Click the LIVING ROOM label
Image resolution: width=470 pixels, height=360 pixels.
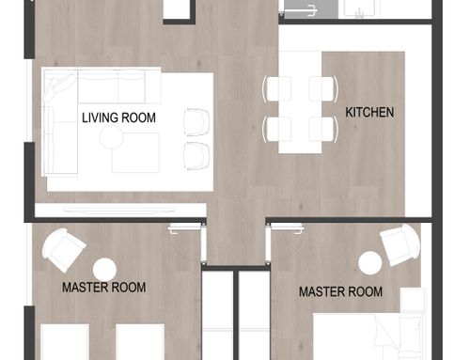tap(118, 117)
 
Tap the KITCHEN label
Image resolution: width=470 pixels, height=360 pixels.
tap(369, 112)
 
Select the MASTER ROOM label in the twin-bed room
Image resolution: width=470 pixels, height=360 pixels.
tap(103, 288)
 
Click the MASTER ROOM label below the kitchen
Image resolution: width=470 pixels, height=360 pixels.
tap(340, 291)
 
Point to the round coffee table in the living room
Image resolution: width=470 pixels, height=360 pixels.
tap(112, 137)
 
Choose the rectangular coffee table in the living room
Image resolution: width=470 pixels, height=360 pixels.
tap(135, 152)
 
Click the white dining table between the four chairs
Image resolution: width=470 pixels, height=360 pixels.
tap(301, 102)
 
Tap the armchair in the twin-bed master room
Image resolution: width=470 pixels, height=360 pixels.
tap(64, 250)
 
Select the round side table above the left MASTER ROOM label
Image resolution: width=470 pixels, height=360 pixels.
tap(104, 270)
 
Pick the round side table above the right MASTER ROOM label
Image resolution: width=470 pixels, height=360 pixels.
tap(370, 263)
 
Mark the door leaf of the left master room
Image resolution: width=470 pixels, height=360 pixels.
tap(185, 229)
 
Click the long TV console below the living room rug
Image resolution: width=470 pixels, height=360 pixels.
tap(120, 211)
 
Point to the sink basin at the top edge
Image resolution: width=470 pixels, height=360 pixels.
tap(359, 8)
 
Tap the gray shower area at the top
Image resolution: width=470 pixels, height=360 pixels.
tap(311, 8)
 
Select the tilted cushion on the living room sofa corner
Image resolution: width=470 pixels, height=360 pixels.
tap(60, 87)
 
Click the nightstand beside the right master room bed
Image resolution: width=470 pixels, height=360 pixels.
tap(414, 299)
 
